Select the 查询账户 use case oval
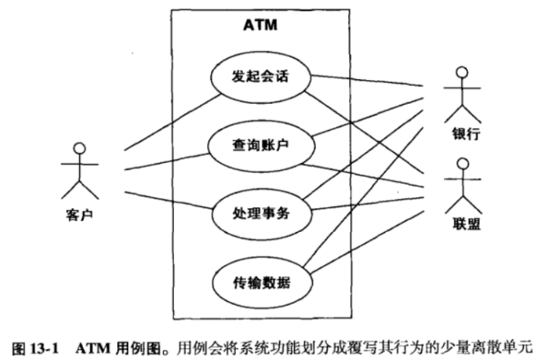(x=260, y=145)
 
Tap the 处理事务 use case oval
(x=260, y=212)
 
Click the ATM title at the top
(x=261, y=26)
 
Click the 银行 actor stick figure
(x=463, y=93)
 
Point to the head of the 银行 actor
(x=463, y=72)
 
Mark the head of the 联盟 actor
(x=463, y=164)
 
